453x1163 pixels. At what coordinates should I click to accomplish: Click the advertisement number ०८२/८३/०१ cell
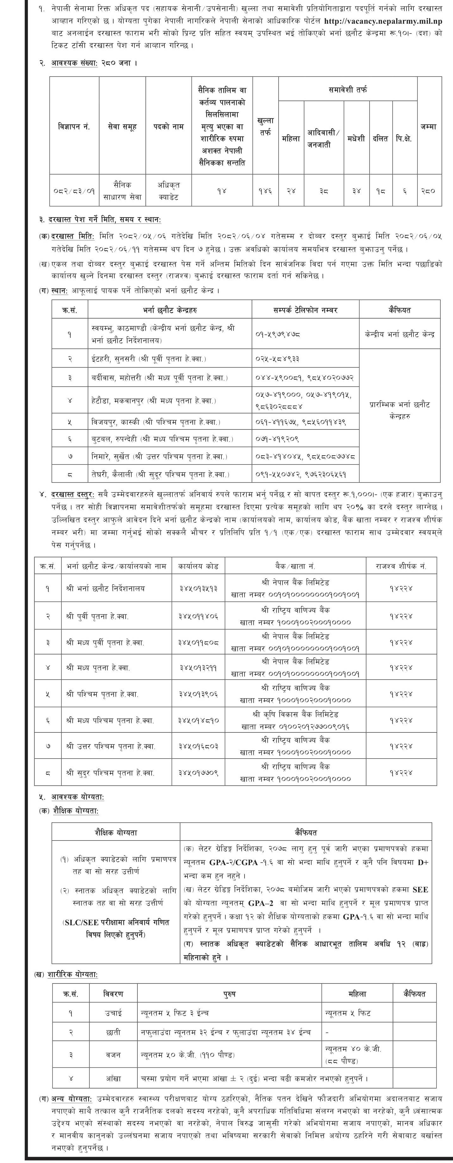coord(74,191)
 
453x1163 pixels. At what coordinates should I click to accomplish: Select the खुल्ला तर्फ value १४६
coord(265,191)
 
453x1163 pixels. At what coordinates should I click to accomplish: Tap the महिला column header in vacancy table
coord(291,138)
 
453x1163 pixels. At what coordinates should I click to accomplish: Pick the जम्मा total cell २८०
coord(427,191)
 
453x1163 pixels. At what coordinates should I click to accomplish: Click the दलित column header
coord(380,138)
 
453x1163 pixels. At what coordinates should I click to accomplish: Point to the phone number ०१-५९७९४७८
coord(279,334)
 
